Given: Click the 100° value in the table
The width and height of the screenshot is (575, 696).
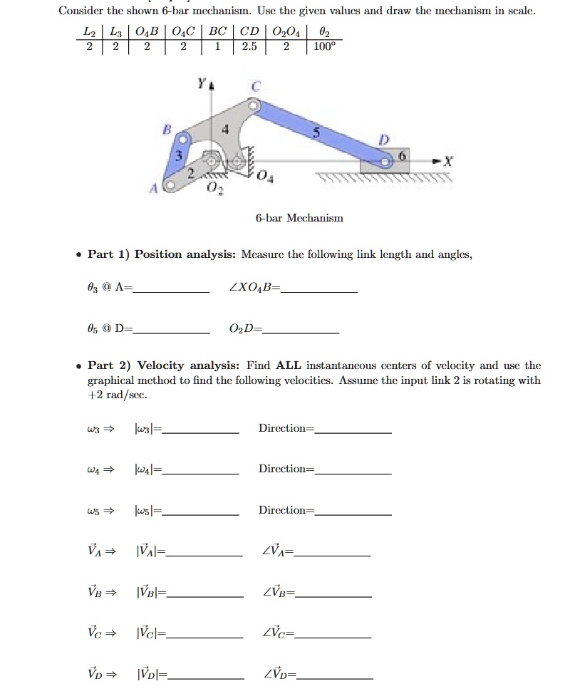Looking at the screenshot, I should [323, 46].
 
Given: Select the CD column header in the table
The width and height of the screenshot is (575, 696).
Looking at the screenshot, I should [249, 32].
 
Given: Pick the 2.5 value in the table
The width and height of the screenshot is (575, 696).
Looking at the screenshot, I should [249, 46].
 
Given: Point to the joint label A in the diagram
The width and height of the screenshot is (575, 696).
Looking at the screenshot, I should [152, 189].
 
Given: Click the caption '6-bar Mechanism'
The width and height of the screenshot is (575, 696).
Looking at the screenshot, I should [299, 218].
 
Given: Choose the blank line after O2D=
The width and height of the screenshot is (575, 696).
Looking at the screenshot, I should [301, 331].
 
